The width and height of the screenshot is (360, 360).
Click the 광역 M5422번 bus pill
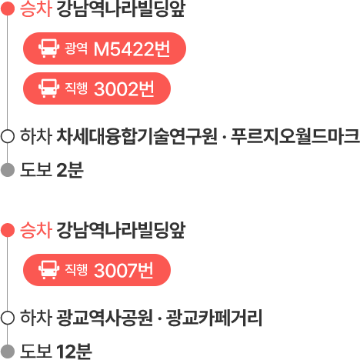coord(105,48)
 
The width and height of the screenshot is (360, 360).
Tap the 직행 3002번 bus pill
coord(97,88)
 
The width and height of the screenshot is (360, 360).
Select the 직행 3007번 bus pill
coord(97,270)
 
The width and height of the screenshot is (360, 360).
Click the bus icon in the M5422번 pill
coord(48,48)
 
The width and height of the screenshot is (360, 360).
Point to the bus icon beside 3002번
coord(48,88)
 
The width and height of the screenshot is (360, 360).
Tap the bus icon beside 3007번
coord(48,270)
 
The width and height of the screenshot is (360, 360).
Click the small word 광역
coord(76,48)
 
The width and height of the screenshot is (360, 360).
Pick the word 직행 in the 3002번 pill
coord(76,88)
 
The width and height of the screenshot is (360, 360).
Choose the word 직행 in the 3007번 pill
coord(76,270)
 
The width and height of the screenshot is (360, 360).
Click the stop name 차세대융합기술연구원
coord(137,136)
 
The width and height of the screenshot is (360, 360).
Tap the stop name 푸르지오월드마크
coord(295,136)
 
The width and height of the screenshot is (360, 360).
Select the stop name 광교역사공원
coord(105,318)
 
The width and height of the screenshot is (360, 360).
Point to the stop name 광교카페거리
coord(214,318)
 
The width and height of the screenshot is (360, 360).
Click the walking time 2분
coord(70,170)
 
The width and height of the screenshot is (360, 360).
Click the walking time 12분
coord(74,352)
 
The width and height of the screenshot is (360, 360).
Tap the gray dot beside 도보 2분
coord(8,170)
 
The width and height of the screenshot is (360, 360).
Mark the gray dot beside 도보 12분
coord(8,352)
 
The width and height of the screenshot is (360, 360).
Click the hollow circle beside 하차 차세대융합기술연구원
coord(8,136)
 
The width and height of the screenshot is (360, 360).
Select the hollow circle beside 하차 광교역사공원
coord(8,318)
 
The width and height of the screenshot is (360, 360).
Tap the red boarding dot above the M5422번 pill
coord(8,9)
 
